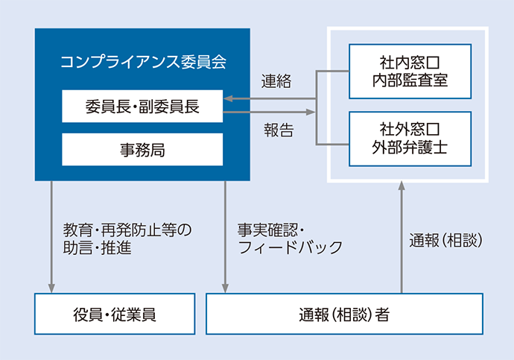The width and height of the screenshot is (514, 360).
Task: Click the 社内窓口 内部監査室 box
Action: [x=410, y=72]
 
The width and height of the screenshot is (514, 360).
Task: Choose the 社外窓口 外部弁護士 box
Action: [x=410, y=139]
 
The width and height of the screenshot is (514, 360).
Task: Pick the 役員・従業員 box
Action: [x=115, y=314]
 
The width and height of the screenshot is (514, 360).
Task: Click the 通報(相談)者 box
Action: [x=343, y=314]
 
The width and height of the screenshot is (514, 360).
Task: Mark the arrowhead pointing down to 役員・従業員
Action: [x=51, y=286]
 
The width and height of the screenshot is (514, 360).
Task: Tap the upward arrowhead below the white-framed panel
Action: [x=402, y=188]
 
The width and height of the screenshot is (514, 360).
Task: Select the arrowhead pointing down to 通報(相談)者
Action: [x=225, y=286]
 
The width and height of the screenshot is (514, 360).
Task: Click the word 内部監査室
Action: [x=410, y=80]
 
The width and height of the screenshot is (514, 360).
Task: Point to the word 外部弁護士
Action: [x=410, y=148]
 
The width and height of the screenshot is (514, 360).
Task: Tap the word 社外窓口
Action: [x=410, y=130]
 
